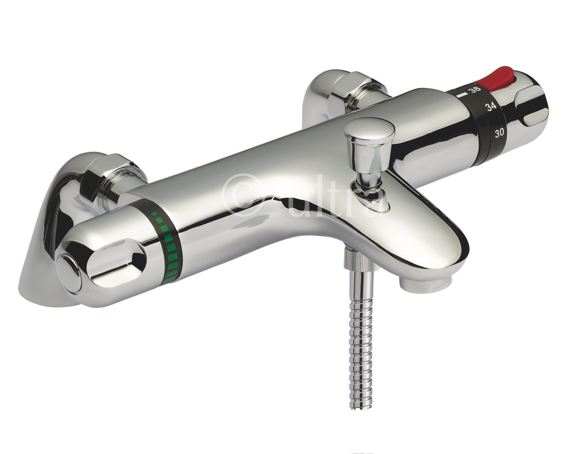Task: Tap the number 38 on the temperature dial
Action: coord(475,90)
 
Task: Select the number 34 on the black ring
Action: coord(490,106)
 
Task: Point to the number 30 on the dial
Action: coord(500,134)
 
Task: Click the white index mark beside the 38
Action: coord(463,91)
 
